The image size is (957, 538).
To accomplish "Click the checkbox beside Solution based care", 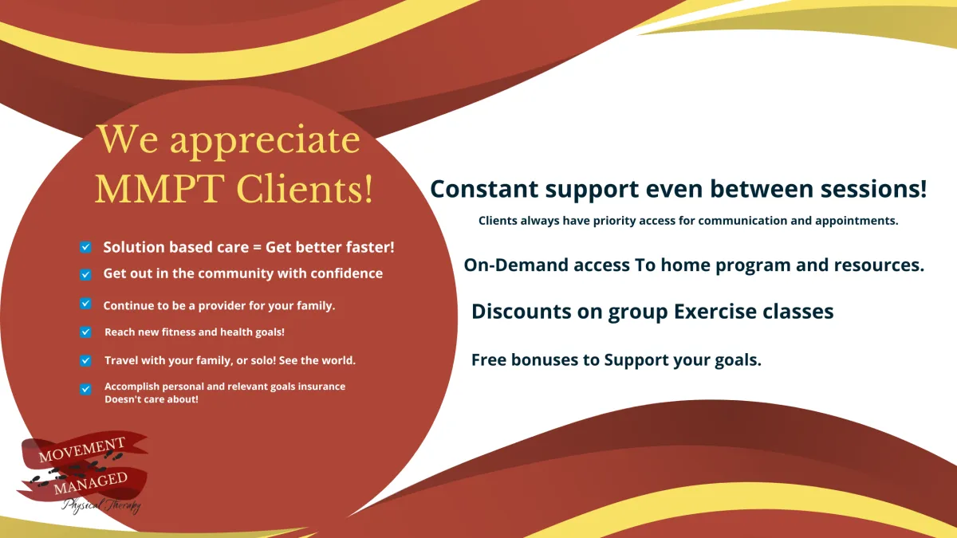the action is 85,247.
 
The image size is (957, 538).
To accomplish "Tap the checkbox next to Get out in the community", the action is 85,274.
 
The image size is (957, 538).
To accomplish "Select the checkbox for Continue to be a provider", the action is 85,304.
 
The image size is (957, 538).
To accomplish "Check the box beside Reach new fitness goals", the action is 85,332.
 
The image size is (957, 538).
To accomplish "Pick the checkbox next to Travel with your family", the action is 85,361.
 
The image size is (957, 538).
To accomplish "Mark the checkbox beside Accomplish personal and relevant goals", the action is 85,390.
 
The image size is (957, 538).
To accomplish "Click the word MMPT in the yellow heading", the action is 159,188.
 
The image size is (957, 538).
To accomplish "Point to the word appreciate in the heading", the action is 265,142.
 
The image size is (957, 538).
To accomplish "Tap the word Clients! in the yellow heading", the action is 305,188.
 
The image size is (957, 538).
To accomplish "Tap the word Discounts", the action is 522,312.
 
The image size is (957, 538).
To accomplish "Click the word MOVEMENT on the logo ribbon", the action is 82,450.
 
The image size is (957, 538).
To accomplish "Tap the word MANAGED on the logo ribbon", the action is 91,483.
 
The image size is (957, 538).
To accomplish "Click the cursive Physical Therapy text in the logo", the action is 101,505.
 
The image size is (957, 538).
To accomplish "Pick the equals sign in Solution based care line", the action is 257,248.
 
